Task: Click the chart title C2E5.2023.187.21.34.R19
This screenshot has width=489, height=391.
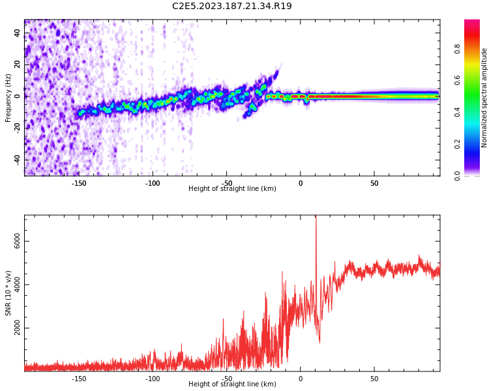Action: tap(231, 7)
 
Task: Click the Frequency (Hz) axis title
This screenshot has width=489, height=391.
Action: tap(8, 98)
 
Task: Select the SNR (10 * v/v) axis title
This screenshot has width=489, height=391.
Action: tap(8, 293)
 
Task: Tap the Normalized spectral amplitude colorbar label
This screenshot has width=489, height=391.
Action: tap(484, 98)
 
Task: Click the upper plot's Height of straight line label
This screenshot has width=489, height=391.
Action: tap(232, 189)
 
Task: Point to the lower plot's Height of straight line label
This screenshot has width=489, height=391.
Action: tap(232, 384)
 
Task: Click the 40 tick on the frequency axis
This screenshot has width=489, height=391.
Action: tap(18, 33)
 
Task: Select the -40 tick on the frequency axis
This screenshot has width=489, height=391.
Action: tap(16, 159)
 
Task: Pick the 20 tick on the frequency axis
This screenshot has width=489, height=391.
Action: tap(18, 65)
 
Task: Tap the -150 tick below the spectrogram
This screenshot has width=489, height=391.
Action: tap(78, 183)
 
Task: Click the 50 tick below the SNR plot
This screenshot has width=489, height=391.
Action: tap(374, 379)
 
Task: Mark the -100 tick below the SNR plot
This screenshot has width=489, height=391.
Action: tap(152, 379)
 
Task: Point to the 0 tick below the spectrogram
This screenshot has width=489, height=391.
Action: tap(301, 183)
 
